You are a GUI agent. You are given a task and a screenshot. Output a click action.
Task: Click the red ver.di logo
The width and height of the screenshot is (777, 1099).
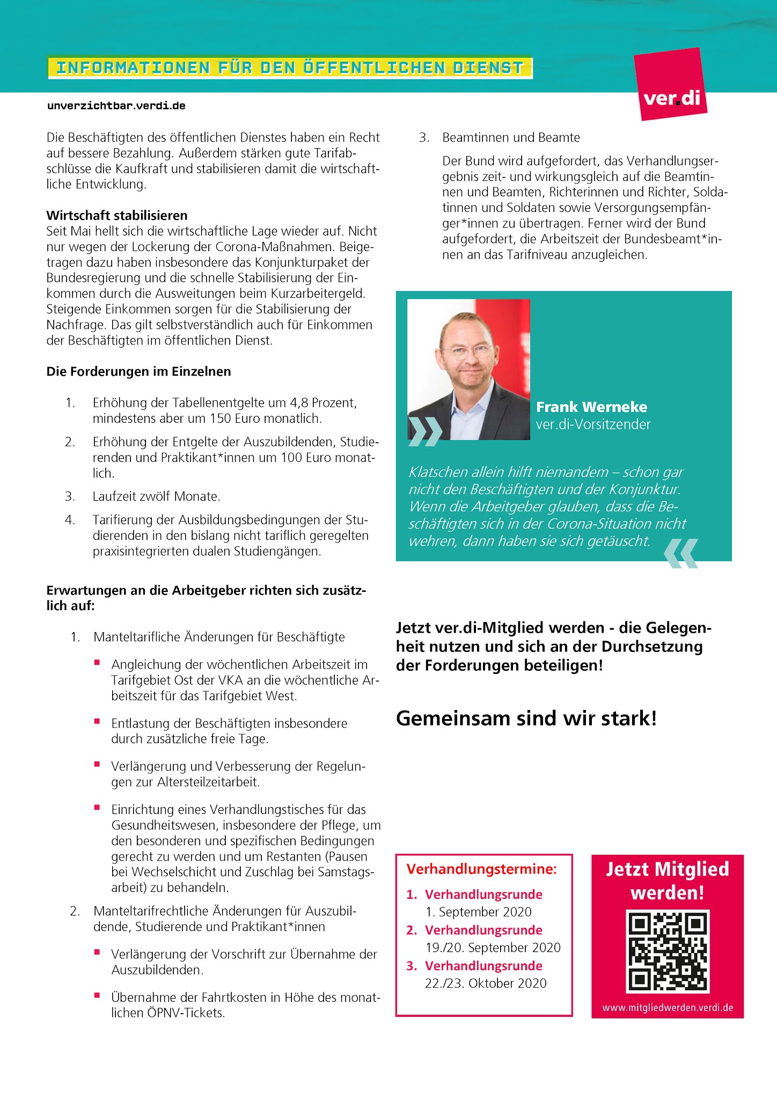(x=670, y=84)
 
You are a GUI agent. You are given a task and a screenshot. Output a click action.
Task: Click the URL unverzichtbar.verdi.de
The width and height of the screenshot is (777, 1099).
(x=116, y=106)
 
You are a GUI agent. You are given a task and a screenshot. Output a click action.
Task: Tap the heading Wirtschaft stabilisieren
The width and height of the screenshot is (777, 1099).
(x=117, y=216)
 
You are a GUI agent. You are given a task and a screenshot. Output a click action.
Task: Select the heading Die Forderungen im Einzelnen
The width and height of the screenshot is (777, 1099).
(x=138, y=371)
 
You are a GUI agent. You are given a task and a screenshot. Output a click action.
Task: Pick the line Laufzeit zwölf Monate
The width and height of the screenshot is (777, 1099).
(x=156, y=496)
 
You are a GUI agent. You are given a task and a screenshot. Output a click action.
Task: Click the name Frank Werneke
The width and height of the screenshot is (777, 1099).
(x=591, y=407)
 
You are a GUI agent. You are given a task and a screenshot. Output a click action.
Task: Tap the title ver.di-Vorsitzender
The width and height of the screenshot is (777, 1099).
(x=593, y=424)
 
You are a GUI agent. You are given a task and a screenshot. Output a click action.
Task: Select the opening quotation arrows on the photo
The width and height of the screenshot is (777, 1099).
(x=424, y=431)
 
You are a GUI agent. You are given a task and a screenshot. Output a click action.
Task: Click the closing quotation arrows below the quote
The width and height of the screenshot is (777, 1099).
(x=681, y=553)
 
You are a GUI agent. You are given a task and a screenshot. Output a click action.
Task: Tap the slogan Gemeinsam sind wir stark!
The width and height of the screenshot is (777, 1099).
(x=526, y=718)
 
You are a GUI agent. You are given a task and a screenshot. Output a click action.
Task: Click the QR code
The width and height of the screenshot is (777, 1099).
(x=668, y=951)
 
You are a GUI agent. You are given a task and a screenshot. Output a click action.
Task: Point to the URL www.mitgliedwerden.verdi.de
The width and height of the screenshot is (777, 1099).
(x=668, y=1007)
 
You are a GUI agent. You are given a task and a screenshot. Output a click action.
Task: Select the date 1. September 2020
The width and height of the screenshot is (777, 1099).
(x=478, y=912)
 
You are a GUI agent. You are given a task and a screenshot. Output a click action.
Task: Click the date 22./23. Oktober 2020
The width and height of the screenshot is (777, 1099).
(x=486, y=983)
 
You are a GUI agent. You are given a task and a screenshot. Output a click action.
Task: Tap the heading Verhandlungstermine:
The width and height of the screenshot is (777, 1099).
(x=481, y=869)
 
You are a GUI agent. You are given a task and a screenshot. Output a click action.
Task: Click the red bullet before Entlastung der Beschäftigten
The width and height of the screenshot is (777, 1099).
(x=97, y=721)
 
